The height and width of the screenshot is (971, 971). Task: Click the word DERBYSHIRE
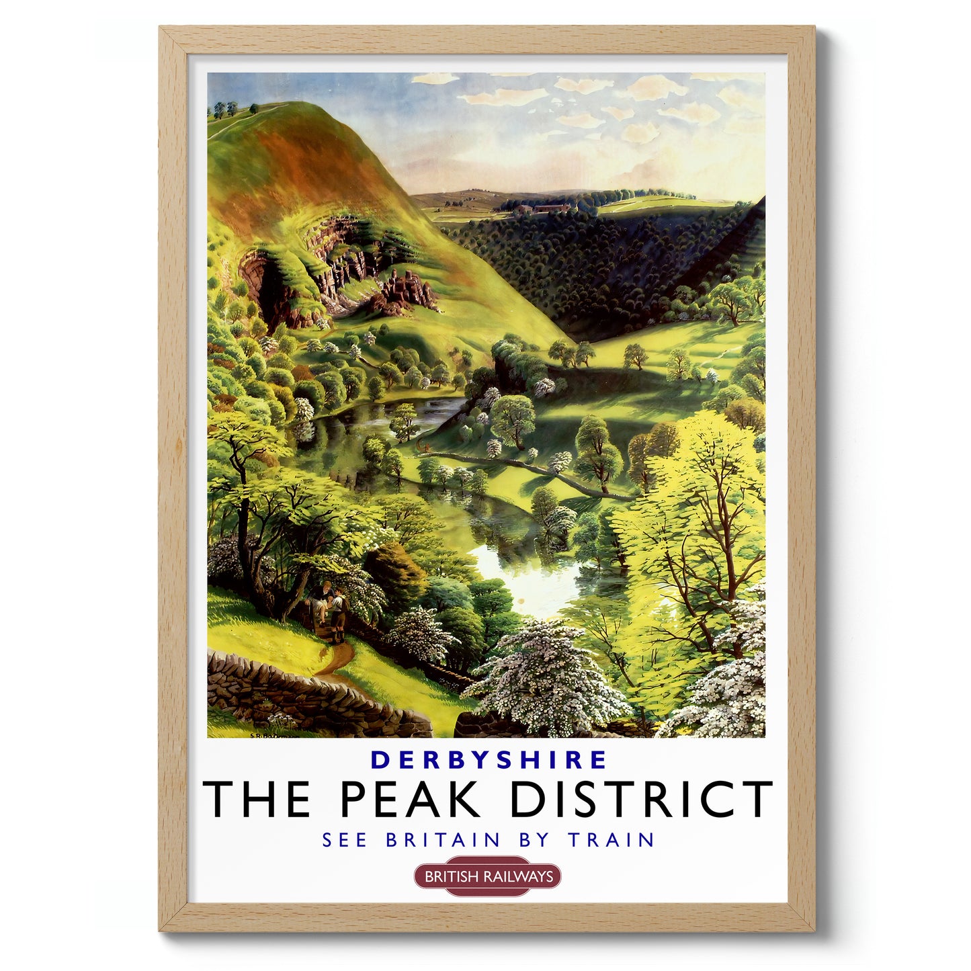point(489,759)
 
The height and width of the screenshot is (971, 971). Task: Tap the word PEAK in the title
point(410,799)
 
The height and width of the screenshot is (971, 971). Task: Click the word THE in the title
point(257,799)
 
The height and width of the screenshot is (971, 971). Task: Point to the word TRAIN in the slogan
point(611,840)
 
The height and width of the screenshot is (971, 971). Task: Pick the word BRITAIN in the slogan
point(444,840)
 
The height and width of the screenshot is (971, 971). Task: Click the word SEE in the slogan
point(344,840)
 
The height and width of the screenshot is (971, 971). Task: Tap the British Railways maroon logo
point(487,876)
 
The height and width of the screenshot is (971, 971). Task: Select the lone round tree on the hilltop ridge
point(253,108)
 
